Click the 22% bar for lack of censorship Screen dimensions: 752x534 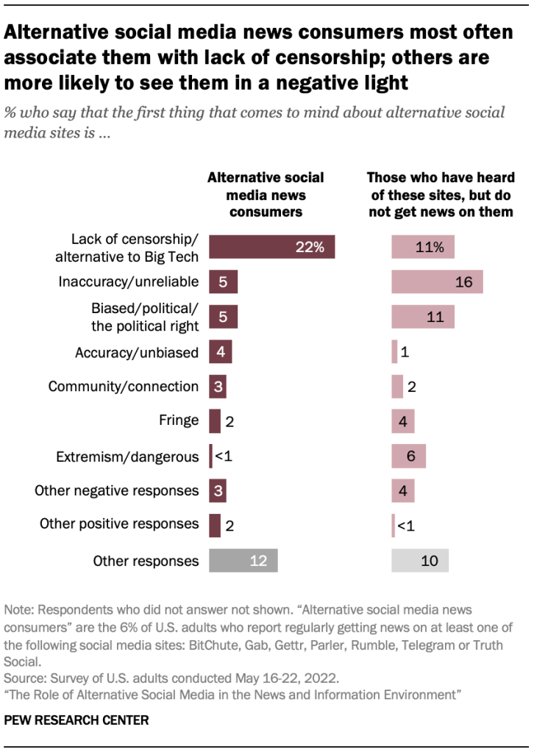tap(271, 247)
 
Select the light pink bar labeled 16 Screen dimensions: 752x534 tap(437, 282)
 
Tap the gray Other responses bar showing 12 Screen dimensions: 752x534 tap(243, 561)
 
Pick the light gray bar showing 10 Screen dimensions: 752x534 tap(419, 561)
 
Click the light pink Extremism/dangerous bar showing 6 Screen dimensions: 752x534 tap(408, 456)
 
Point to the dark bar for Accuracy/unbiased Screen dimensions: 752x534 tap(221, 352)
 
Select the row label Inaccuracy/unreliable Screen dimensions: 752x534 tap(129, 282)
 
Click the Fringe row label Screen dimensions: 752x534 tap(179, 421)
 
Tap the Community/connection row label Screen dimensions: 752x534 tap(124, 387)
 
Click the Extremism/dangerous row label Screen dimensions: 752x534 tap(127, 456)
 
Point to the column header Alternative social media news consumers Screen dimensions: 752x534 tap(266, 195)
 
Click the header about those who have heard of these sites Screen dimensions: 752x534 tap(441, 195)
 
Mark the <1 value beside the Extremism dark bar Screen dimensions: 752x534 tap(223, 456)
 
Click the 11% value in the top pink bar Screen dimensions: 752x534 tap(429, 247)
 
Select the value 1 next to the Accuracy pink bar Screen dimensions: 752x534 tap(406, 352)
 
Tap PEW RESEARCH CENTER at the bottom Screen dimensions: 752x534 tap(76, 720)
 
